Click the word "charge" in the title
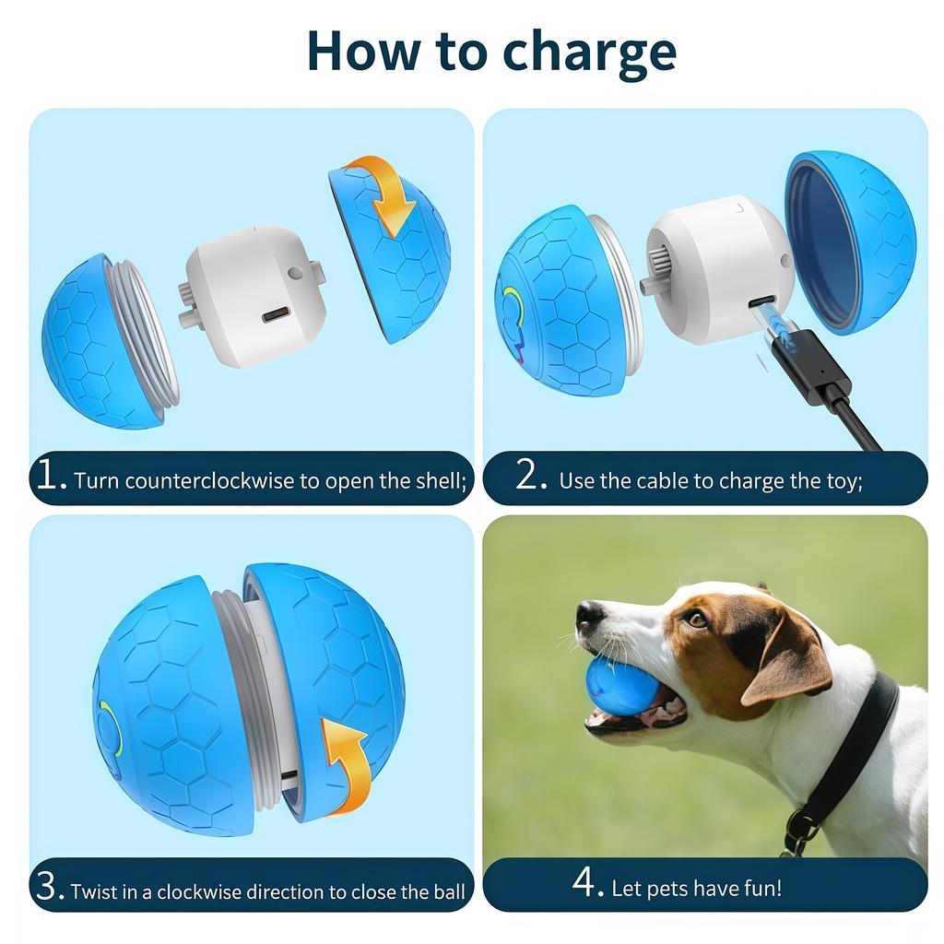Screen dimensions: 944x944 [x=584, y=53]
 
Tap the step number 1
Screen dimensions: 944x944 [x=51, y=476]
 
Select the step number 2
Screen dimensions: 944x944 [x=532, y=476]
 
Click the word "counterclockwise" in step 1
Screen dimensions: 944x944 [x=197, y=481]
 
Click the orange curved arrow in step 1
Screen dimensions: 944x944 [x=385, y=192]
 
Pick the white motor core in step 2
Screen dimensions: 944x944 [x=719, y=267]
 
